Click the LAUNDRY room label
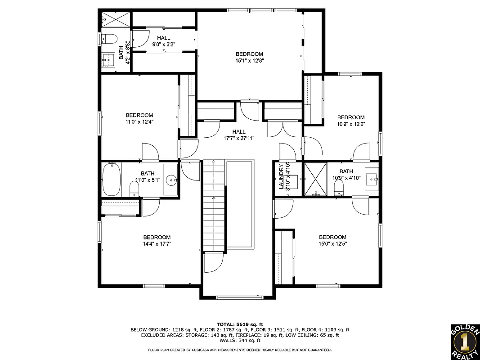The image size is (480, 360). tap(282, 176)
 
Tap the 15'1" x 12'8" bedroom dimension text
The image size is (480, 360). tap(249, 60)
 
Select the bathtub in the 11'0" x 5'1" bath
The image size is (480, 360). tap(112, 180)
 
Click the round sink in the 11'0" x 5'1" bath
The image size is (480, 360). tap(171, 181)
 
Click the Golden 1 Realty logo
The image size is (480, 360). tap(465, 342)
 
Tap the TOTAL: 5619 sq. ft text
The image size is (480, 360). tap(240, 324)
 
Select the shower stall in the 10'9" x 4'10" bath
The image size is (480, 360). tap(315, 179)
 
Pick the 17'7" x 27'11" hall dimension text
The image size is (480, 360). tap(239, 138)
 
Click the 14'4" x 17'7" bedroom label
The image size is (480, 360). tap(157, 238)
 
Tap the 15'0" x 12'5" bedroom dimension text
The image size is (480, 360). tap(332, 243)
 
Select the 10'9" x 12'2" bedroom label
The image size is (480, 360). tap(350, 117)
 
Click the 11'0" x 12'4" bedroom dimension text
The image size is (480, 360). tap(139, 121)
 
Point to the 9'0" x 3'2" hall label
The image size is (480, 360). tap(163, 38)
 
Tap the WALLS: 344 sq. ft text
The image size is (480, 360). tap(240, 341)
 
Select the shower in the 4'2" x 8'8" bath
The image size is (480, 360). tap(116, 19)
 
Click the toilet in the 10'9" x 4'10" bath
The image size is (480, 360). tap(339, 190)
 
